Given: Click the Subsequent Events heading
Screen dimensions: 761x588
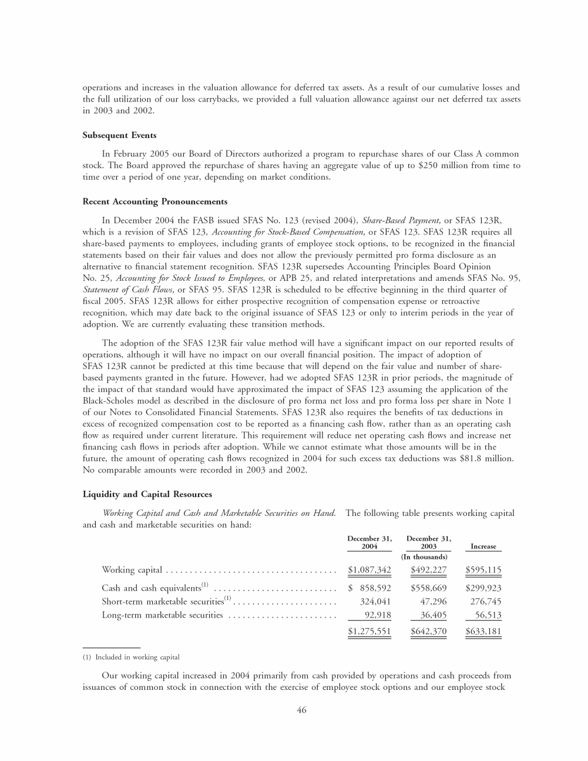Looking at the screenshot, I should tap(119, 135).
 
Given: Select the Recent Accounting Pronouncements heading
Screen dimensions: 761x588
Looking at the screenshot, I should tap(155, 202).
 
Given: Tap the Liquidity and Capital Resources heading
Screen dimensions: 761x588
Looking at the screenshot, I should tap(147, 494).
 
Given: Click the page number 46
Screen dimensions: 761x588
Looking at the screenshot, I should tap(301, 710).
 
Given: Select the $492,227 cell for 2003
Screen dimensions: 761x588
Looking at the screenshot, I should tap(429, 569).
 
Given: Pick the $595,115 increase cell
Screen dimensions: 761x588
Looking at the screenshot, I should tap(483, 569).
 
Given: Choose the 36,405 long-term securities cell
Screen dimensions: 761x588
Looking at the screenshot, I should tap(433, 615).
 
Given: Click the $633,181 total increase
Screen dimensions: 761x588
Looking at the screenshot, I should tap(483, 632).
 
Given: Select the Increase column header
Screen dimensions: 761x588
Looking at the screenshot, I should tap(483, 547).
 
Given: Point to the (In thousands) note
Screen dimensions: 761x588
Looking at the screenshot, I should tap(424, 556).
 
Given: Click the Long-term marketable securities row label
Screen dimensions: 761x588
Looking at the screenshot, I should tap(162, 615).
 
